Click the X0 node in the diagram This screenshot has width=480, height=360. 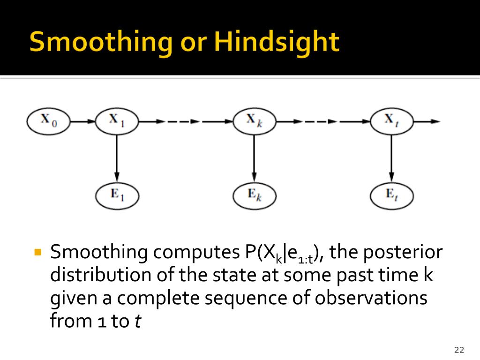point(48,121)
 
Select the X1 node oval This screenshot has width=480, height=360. point(117,121)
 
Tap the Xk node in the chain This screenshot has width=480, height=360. point(255,121)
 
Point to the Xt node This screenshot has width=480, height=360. point(392,121)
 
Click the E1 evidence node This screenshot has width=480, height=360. point(117,195)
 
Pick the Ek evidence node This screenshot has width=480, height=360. point(255,195)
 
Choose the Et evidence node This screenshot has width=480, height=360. point(392,195)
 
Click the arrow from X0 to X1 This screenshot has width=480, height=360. point(83,121)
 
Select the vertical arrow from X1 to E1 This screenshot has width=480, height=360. point(117,158)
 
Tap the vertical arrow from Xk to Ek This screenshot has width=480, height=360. point(254,158)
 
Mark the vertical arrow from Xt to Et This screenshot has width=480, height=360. point(391,158)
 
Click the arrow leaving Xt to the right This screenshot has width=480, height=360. point(427,121)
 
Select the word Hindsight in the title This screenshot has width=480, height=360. point(277,42)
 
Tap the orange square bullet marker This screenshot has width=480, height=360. point(38,252)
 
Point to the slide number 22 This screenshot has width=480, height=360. point(459,350)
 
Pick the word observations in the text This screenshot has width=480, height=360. point(371,298)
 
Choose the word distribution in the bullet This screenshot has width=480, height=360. point(101,275)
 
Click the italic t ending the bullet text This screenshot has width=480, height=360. point(138,321)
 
